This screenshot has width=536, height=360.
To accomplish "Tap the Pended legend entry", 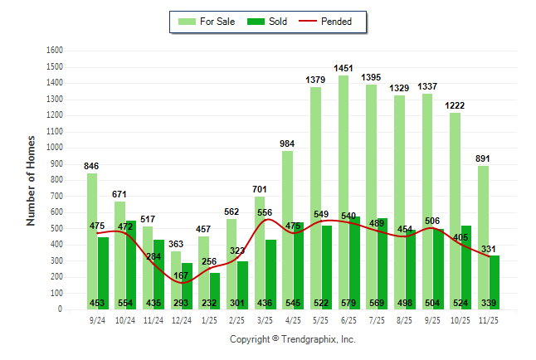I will tap(329, 22).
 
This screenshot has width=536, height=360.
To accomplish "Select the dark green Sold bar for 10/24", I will tap(131, 265).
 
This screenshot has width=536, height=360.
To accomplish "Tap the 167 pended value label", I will tap(182, 275).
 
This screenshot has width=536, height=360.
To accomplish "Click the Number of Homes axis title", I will tap(32, 180).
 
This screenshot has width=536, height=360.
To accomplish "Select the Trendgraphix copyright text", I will tap(292, 339).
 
